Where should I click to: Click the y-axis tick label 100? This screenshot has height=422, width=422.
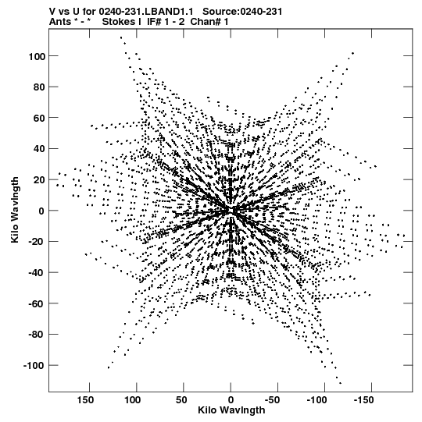pyautogui.click(x=36, y=57)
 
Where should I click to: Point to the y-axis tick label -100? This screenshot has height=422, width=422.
pyautogui.click(x=34, y=366)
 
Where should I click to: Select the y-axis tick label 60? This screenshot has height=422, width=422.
pyautogui.click(x=39, y=119)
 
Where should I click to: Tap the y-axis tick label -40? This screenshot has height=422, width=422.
pyautogui.click(x=37, y=273)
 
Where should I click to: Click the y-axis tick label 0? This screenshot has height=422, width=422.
pyautogui.click(x=41, y=211)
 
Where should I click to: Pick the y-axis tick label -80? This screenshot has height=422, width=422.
pyautogui.click(x=37, y=335)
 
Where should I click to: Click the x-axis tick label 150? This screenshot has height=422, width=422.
pyautogui.click(x=85, y=400)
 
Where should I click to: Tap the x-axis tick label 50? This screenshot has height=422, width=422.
pyautogui.click(x=181, y=400)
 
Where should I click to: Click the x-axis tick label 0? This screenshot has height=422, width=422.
pyautogui.click(x=231, y=400)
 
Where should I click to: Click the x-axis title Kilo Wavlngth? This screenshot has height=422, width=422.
pyautogui.click(x=231, y=410)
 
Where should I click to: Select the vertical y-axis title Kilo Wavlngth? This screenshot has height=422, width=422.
pyautogui.click(x=15, y=210)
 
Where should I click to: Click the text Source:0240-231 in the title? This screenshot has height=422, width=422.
pyautogui.click(x=242, y=12)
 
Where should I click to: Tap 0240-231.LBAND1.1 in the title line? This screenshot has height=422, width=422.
pyautogui.click(x=146, y=12)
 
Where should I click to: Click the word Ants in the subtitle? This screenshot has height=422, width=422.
pyautogui.click(x=60, y=22)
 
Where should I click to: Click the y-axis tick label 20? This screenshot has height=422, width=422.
pyautogui.click(x=39, y=180)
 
